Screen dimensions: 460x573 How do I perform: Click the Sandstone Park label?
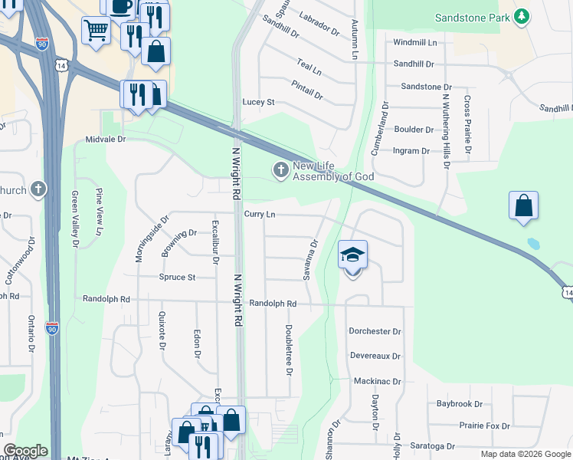[472, 17]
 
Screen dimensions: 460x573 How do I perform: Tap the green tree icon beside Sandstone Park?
[522, 17]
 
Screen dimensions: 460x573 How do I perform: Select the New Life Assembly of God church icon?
[281, 170]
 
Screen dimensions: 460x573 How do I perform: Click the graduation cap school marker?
[353, 255]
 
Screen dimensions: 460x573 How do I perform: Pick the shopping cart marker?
[96, 31]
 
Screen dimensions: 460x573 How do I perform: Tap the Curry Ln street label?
[260, 215]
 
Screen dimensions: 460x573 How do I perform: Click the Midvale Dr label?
[106, 140]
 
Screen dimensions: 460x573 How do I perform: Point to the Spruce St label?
[177, 277]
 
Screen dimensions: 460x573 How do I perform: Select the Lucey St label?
[258, 102]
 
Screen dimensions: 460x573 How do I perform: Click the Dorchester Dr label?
[375, 332]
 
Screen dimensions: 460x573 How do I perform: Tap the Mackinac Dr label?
[378, 381]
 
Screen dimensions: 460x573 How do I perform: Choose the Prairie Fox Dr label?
[485, 425]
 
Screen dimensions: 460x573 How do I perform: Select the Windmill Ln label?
[414, 42]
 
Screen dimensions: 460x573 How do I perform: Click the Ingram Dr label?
[411, 151]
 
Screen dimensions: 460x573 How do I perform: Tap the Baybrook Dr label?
[460, 403]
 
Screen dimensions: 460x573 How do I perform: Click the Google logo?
[25, 451]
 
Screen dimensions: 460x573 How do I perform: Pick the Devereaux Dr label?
[375, 356]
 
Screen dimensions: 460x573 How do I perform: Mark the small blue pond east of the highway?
[534, 245]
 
